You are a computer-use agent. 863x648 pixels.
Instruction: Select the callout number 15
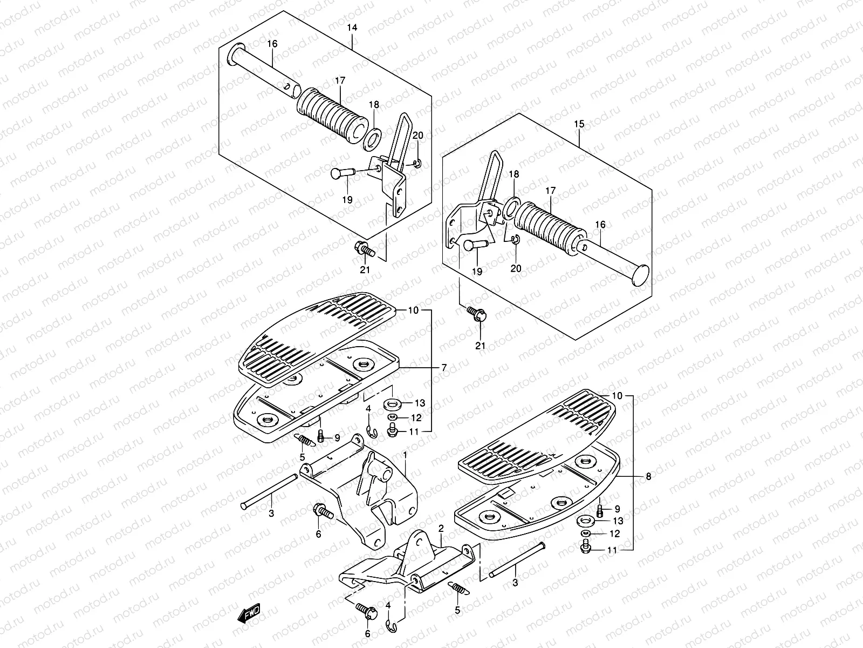(579, 124)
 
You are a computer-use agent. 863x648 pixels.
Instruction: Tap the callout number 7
(444, 368)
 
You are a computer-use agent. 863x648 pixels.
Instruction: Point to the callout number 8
(648, 477)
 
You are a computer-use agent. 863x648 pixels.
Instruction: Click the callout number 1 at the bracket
(405, 456)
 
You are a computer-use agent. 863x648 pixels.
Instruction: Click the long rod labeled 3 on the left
(270, 491)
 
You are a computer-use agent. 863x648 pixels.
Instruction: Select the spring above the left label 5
(305, 440)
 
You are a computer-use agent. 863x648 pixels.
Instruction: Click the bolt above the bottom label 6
(367, 611)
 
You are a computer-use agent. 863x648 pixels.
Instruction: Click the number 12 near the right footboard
(614, 534)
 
